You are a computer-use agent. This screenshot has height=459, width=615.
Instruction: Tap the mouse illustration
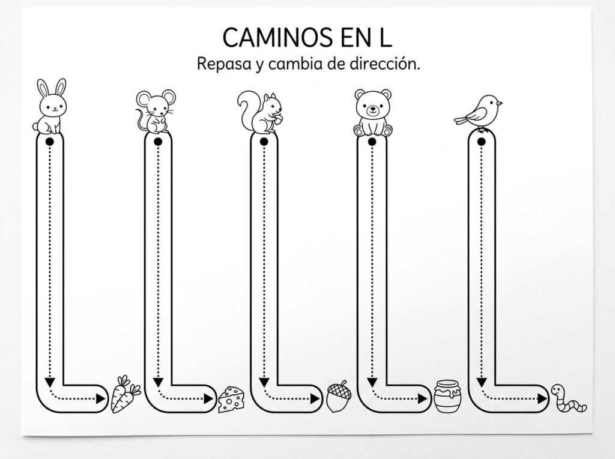tap(156, 112)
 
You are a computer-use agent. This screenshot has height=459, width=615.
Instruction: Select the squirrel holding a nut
tap(259, 112)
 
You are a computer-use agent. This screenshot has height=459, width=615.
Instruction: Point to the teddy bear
tap(373, 113)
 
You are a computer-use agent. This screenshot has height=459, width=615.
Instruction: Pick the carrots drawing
tap(126, 394)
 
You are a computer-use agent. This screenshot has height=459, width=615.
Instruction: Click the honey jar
tap(447, 396)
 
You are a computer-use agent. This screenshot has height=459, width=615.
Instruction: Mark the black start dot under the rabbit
tap(50, 142)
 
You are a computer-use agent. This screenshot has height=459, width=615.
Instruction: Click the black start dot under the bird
tap(482, 142)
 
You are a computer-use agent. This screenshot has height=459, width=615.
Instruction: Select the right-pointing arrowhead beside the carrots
tap(101, 399)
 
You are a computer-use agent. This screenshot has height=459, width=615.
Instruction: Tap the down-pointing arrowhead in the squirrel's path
tap(264, 382)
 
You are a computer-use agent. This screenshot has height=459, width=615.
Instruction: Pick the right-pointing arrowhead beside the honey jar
tap(423, 399)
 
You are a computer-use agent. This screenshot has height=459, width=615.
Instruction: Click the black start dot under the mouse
tap(158, 142)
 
